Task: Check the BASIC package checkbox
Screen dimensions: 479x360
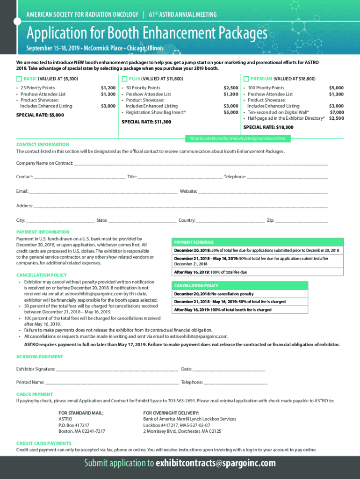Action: tap(19, 79)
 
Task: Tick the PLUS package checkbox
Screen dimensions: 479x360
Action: tap(124, 79)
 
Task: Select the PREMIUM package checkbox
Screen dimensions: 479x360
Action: tap(246, 79)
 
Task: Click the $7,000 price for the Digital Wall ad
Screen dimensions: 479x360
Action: tap(337, 112)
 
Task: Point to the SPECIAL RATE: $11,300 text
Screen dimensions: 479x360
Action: tap(146, 122)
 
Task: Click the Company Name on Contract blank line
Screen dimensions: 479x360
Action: tap(201, 164)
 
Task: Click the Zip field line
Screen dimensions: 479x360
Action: tap(302, 221)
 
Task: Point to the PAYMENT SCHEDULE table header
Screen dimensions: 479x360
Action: tap(194, 242)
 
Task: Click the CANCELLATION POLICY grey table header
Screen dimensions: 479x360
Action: tap(196, 286)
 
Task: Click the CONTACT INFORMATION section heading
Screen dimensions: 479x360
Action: tap(43, 145)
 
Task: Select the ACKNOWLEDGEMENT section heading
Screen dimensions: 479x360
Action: tap(40, 356)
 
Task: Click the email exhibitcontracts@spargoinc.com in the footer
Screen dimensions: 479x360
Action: tap(216, 464)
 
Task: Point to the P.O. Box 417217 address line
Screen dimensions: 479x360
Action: tap(74, 425)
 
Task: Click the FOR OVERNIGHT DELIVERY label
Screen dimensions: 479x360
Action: tap(171, 413)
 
